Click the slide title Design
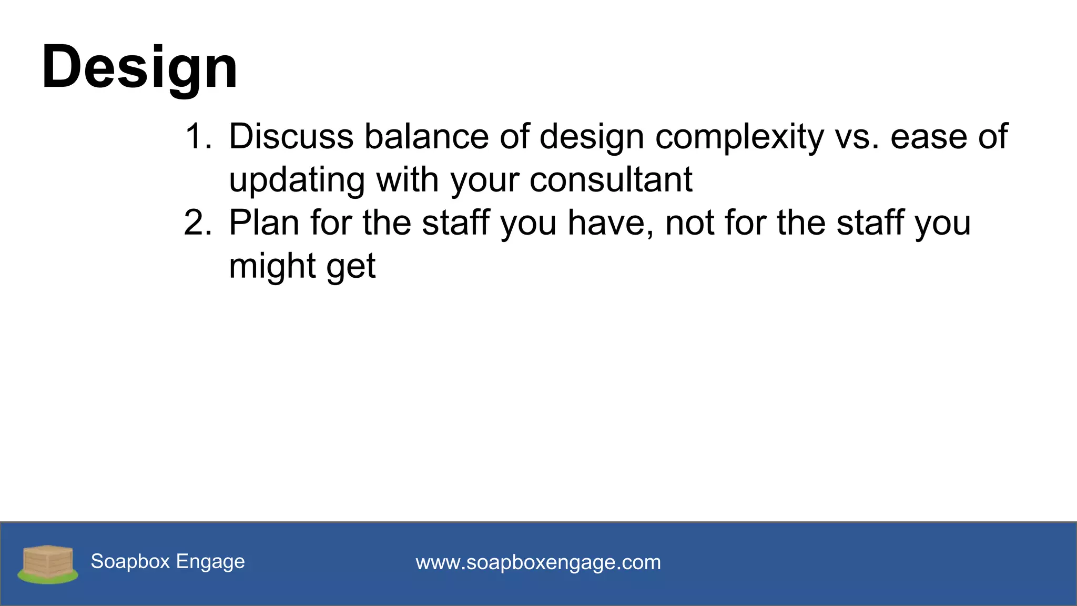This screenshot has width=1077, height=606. [139, 67]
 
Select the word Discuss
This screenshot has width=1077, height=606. [291, 137]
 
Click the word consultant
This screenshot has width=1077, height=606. [611, 180]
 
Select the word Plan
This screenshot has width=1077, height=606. [264, 223]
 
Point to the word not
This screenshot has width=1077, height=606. [689, 223]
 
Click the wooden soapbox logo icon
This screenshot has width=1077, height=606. [48, 564]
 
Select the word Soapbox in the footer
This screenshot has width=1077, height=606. [130, 561]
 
